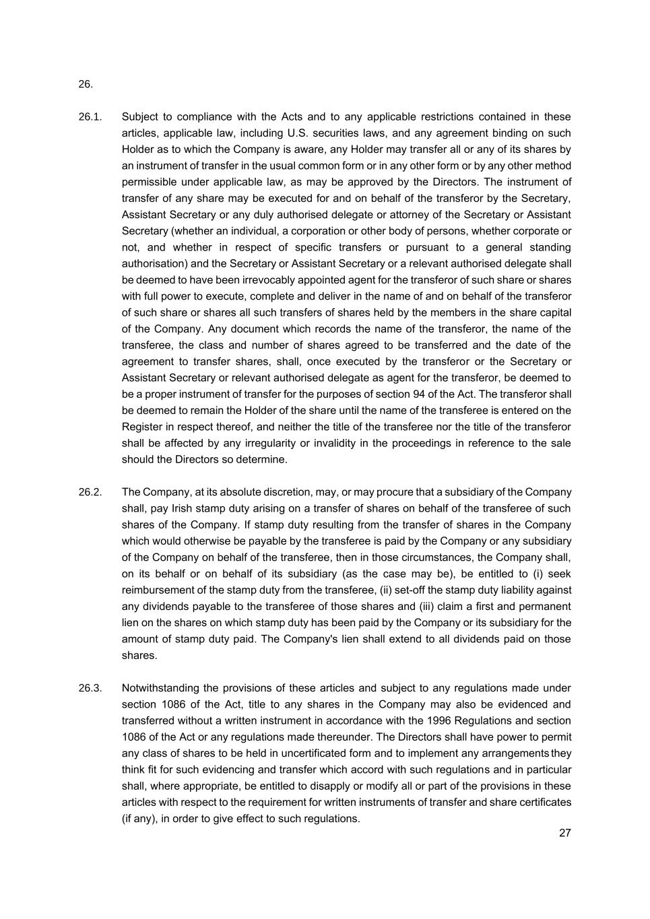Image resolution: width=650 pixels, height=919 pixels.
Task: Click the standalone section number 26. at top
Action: (x=85, y=84)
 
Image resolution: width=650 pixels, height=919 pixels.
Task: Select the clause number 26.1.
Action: (x=90, y=117)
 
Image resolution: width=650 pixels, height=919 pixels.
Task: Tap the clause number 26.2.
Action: (x=90, y=492)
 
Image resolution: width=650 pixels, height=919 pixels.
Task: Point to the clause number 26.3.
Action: (x=90, y=688)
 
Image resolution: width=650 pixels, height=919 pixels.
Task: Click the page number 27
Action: (x=564, y=833)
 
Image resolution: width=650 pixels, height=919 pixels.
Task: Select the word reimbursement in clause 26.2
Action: (x=156, y=590)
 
